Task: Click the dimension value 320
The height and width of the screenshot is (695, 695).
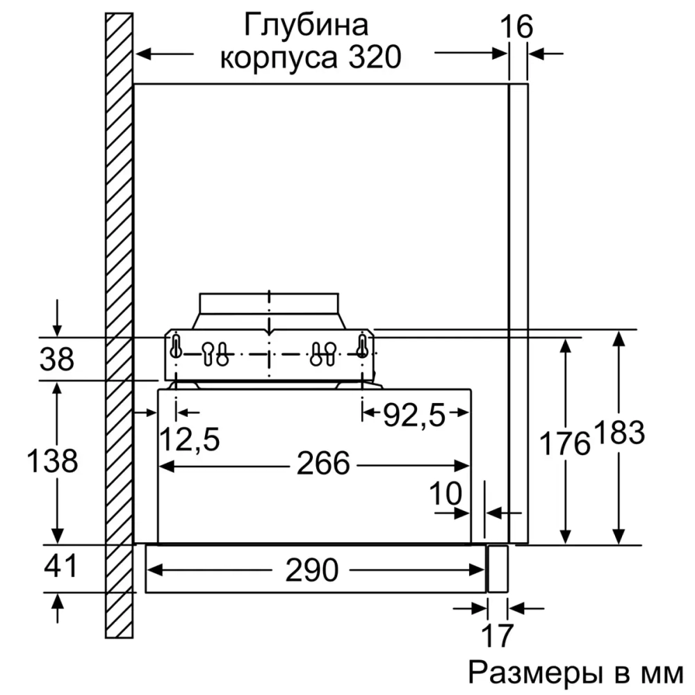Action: pos(375,58)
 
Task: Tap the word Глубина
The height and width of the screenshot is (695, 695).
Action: pos(305,26)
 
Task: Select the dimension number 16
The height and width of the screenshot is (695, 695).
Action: pos(517,26)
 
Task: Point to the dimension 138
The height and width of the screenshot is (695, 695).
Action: pos(52,460)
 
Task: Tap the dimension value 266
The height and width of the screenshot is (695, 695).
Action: pos(322,464)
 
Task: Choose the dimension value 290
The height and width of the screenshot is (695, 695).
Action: pos(311,571)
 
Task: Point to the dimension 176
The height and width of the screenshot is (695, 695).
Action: pos(566,442)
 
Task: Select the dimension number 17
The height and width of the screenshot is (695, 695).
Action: pos(496,635)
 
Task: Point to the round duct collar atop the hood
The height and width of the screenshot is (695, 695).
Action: pos(269,304)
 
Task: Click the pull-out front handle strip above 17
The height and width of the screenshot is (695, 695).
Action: pos(498,569)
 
